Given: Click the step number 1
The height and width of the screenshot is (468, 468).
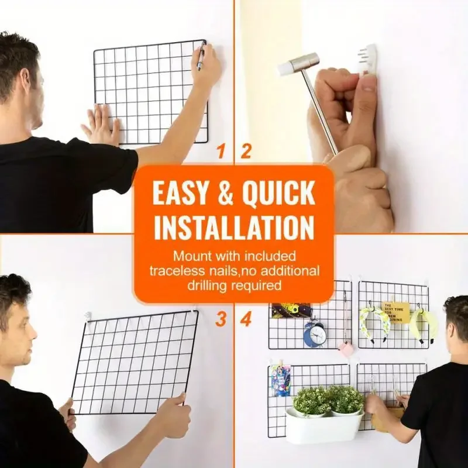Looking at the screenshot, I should [221, 152].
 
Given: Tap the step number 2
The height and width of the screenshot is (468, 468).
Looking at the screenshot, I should [246, 152].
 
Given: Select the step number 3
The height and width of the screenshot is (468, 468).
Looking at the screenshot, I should [221, 319].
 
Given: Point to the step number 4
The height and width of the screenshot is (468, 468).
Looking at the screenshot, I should [246, 319].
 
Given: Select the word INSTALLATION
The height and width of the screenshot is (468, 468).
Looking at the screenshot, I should [234, 227].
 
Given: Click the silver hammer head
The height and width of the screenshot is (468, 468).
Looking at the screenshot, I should [298, 63].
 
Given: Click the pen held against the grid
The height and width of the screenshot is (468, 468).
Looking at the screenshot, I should [201, 57].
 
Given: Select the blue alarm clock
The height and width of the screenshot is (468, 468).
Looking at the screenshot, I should [314, 334].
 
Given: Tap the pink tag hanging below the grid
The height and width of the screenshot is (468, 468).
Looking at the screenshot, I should [346, 349].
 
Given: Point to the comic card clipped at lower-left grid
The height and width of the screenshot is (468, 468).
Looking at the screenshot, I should [280, 381].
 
